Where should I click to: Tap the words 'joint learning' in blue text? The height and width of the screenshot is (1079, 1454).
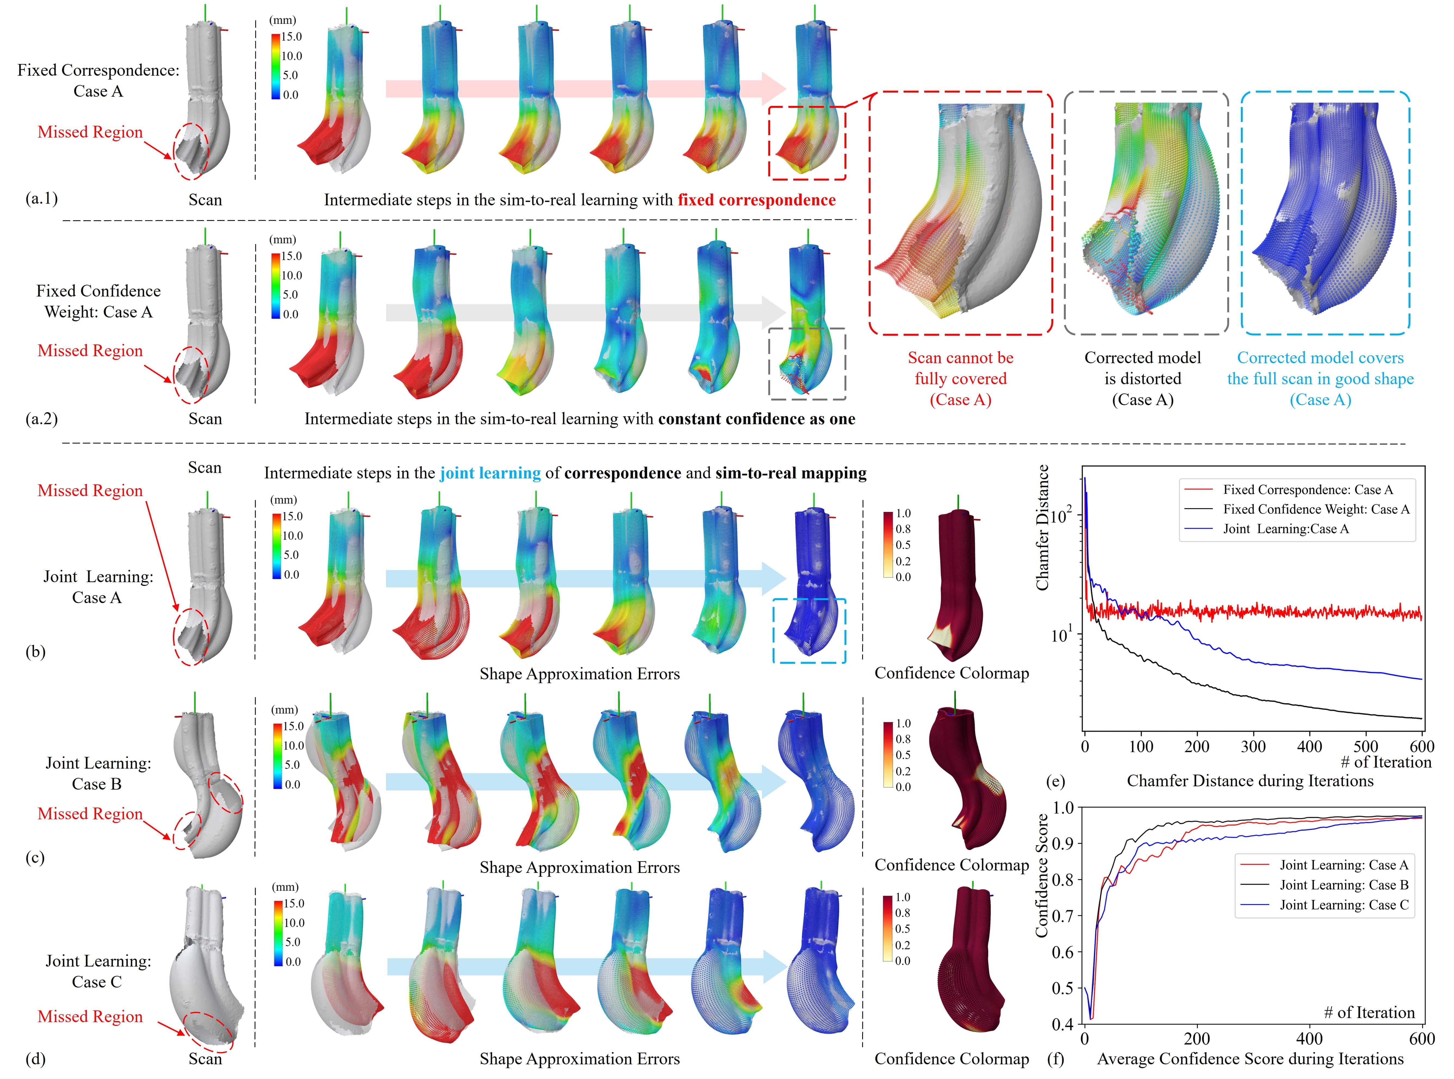pyautogui.click(x=490, y=473)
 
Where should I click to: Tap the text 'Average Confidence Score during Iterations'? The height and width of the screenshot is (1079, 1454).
pyautogui.click(x=1250, y=1059)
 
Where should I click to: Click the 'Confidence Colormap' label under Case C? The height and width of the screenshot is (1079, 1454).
pyautogui.click(x=951, y=1059)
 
